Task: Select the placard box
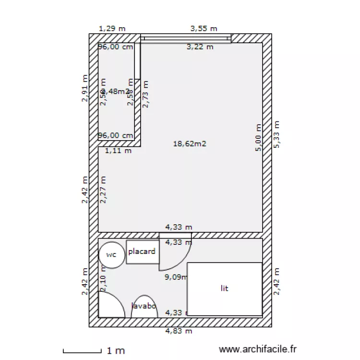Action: point(143,252)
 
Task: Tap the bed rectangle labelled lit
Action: point(224,288)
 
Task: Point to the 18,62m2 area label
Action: point(190,143)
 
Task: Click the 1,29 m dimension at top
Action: point(112,29)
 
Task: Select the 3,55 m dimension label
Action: point(204,29)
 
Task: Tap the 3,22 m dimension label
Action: point(200,47)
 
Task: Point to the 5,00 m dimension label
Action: point(259,138)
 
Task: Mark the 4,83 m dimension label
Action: point(179,331)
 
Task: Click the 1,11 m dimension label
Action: point(118,151)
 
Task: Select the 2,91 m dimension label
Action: point(85,88)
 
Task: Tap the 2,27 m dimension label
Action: point(103,190)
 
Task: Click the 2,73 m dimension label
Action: point(145,94)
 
